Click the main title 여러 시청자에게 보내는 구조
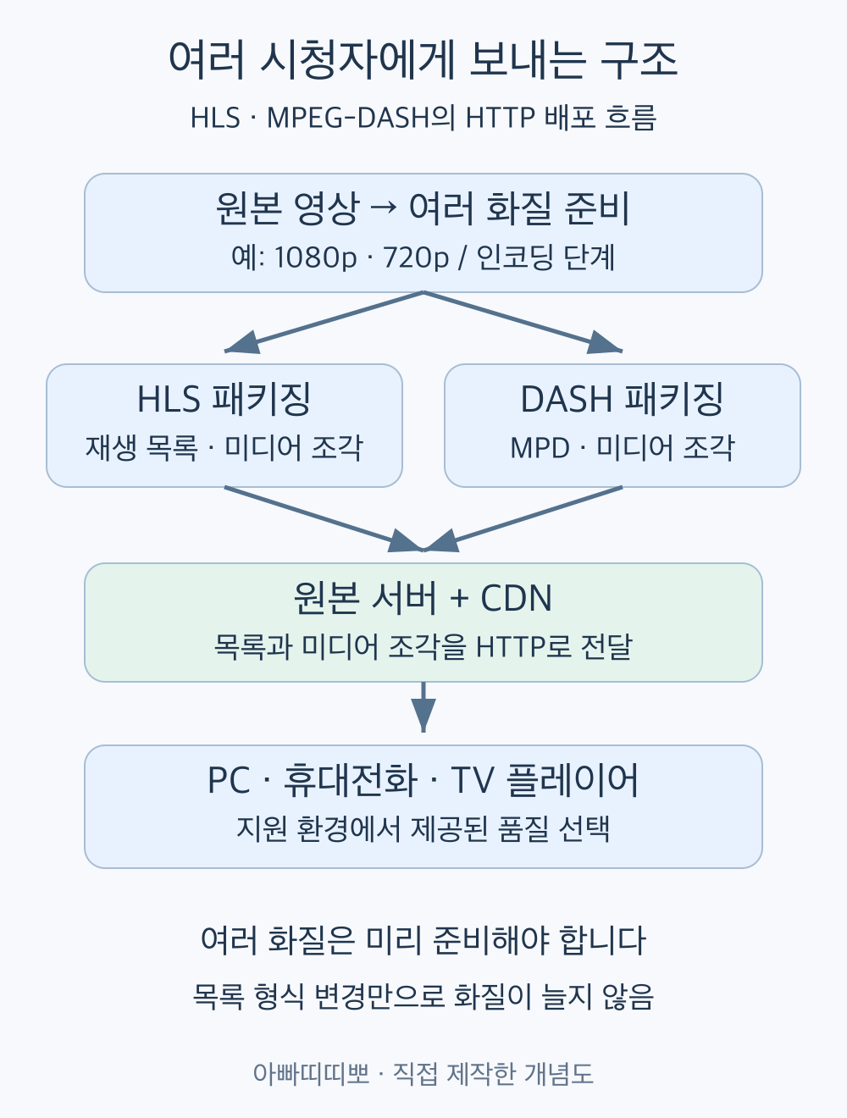[x=423, y=59]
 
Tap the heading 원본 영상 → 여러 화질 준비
[x=423, y=208]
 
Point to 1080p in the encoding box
[x=315, y=257]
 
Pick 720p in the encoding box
[x=416, y=257]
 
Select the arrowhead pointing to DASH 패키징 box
[x=604, y=342]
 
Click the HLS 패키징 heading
[x=224, y=399]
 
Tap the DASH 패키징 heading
[x=622, y=399]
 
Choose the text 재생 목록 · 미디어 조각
[x=224, y=448]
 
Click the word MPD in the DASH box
[x=540, y=448]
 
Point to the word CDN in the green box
[x=517, y=597]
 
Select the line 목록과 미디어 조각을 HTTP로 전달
[x=423, y=647]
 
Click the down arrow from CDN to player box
[x=423, y=707]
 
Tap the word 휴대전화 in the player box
[x=351, y=780]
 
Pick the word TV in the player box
[x=472, y=780]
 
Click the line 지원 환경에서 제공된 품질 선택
[x=423, y=828]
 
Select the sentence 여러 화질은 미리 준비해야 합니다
[x=423, y=940]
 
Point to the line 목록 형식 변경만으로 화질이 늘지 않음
[x=423, y=997]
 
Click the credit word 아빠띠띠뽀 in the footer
[x=311, y=1073]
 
